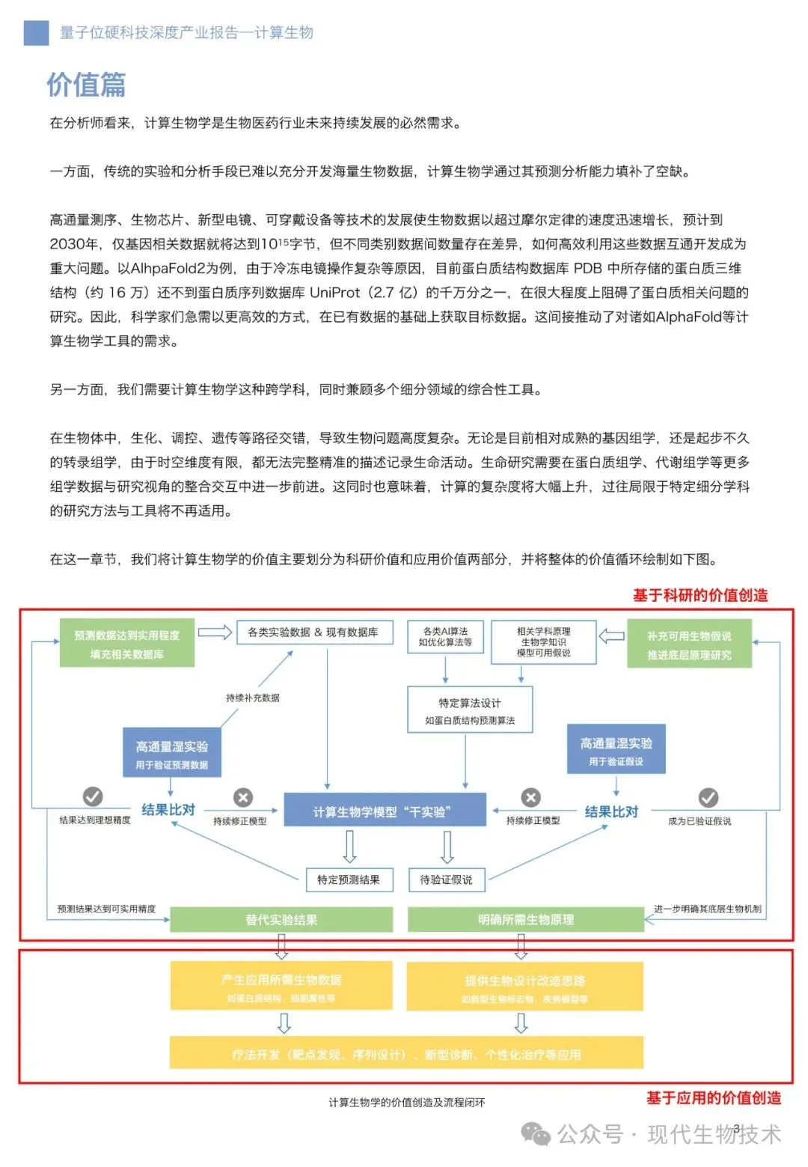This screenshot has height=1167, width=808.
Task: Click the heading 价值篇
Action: click(x=86, y=85)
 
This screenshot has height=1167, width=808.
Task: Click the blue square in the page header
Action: click(x=36, y=32)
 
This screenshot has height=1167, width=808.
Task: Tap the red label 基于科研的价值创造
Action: click(x=700, y=595)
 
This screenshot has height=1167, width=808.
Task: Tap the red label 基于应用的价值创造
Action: click(x=713, y=1097)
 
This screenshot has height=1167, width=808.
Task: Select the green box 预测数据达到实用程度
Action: click(x=127, y=643)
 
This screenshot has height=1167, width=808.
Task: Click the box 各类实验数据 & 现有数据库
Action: click(x=313, y=633)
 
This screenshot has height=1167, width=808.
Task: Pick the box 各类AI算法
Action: click(x=445, y=637)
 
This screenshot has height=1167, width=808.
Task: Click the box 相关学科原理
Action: click(x=543, y=642)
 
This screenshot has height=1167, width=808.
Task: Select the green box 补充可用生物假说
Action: click(x=689, y=645)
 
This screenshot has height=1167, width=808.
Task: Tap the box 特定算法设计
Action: click(x=470, y=710)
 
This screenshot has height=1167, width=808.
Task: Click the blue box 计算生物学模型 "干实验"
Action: click(x=385, y=811)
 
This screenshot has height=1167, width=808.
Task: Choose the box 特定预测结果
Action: click(x=349, y=880)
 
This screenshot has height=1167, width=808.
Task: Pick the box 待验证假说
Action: click(x=447, y=880)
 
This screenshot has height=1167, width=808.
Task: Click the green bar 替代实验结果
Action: click(x=281, y=919)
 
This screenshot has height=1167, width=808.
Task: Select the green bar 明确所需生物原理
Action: click(x=525, y=919)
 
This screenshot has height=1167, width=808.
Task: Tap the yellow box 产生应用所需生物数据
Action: click(x=281, y=987)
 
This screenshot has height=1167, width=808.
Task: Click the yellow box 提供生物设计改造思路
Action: click(x=524, y=987)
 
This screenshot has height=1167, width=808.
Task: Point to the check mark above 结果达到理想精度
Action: click(x=93, y=796)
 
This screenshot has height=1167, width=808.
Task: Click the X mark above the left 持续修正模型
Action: click(x=242, y=796)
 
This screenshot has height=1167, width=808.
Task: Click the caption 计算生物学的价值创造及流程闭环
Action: click(x=406, y=1102)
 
